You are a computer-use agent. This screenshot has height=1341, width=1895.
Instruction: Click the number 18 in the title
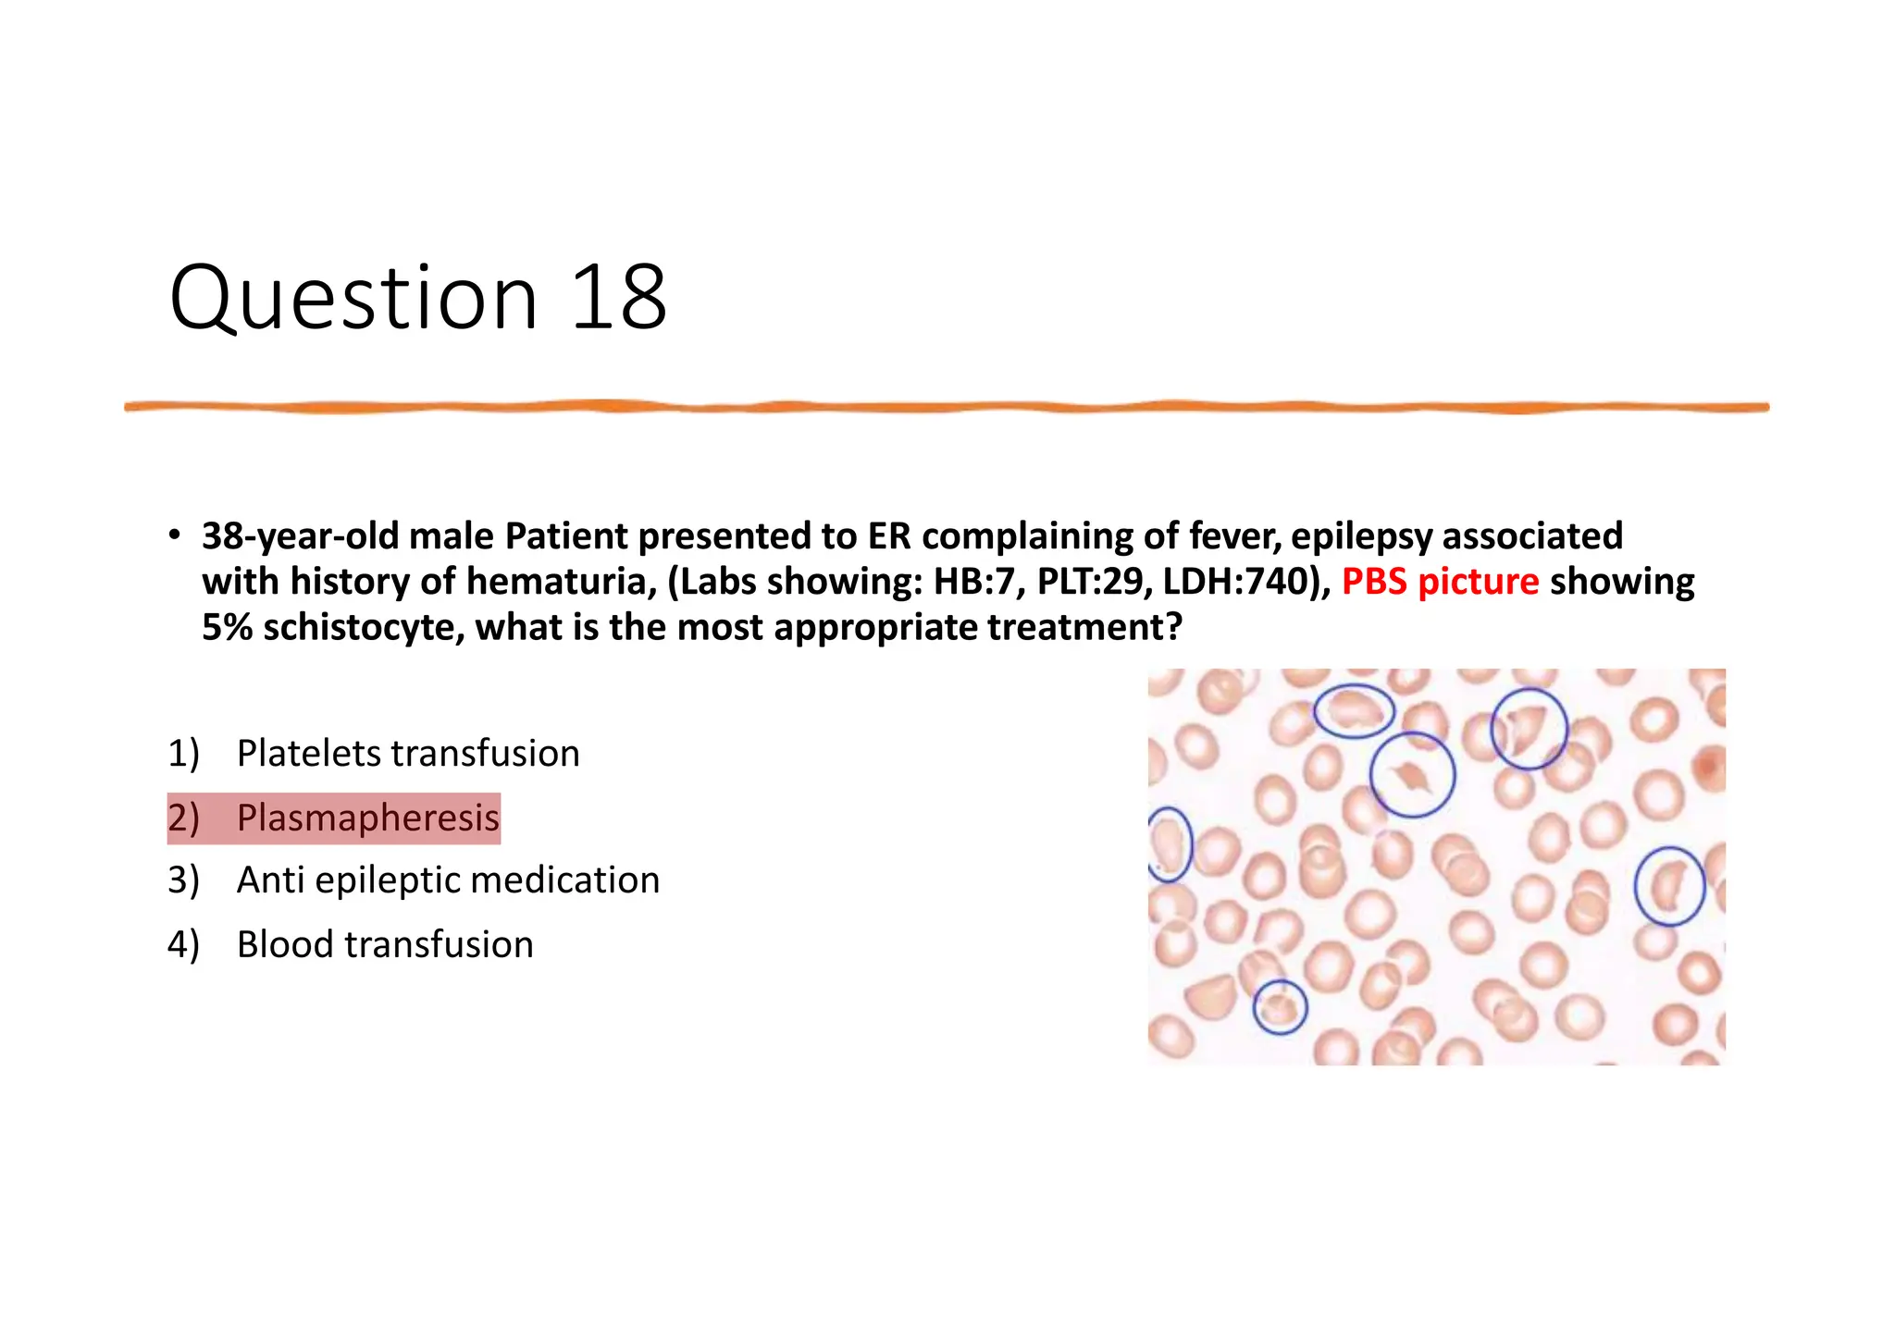point(618,298)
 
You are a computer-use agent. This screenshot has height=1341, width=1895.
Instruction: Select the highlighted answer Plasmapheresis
point(367,818)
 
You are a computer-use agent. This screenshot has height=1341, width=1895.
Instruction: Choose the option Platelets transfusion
point(408,754)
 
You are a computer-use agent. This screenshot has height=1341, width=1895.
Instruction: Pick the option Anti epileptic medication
point(448,880)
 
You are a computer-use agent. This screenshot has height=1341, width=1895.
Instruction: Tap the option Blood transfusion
point(385,945)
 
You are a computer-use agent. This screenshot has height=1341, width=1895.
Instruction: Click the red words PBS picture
point(1440,582)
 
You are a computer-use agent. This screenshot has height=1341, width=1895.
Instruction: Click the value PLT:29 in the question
point(1094,582)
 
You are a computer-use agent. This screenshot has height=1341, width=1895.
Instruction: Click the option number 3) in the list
point(183,880)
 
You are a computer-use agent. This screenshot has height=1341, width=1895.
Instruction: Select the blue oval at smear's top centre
point(1354,710)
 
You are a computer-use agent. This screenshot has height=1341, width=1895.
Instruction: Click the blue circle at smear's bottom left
point(1280,1006)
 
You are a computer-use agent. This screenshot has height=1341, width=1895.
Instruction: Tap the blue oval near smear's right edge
point(1669,886)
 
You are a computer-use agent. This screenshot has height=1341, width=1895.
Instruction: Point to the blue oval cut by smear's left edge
point(1170,843)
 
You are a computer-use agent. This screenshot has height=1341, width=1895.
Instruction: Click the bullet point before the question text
point(174,535)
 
